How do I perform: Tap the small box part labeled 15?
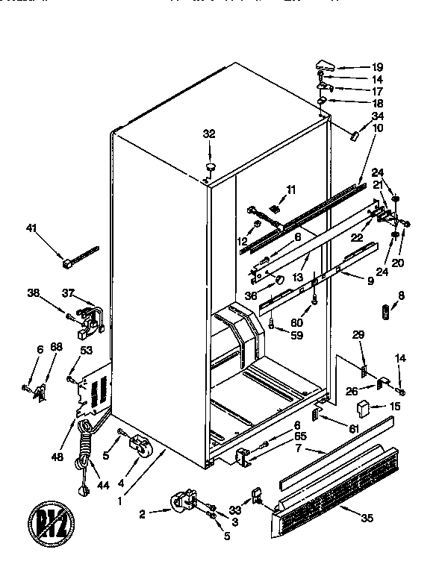coord(364,408)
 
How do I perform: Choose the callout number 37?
coord(68,292)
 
